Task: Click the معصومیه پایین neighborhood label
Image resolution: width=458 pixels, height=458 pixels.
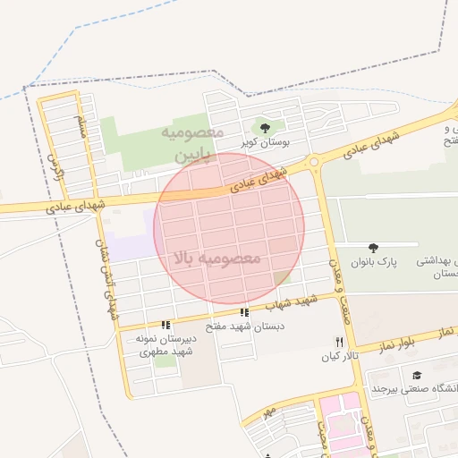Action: tap(190, 143)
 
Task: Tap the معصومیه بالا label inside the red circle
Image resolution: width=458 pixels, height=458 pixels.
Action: tap(218, 258)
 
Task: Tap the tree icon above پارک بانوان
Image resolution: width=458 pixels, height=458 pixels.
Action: tap(373, 247)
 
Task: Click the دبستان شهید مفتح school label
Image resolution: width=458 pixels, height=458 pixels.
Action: tap(245, 327)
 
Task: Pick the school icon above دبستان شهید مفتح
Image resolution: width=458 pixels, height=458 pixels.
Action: tap(244, 312)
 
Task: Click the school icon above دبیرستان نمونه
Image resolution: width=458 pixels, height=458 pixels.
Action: tap(165, 325)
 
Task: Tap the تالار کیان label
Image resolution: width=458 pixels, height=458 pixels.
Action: tap(339, 357)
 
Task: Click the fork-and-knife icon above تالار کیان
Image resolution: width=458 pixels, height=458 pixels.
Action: tap(338, 342)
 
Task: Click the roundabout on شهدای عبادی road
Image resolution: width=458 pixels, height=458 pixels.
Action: tap(314, 163)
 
